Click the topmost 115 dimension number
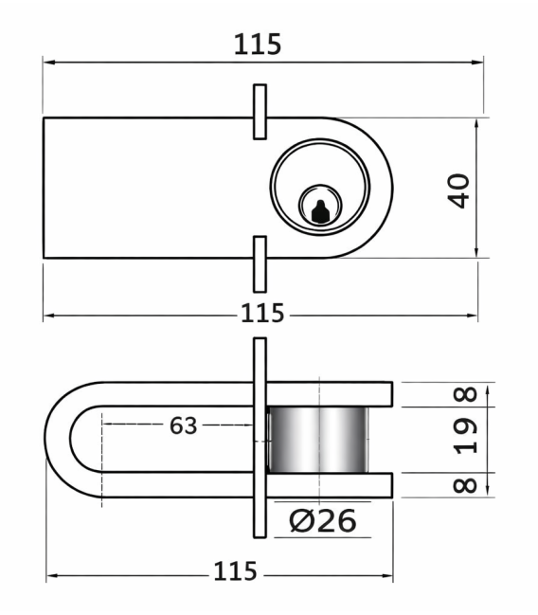click(x=258, y=44)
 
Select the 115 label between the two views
click(x=262, y=313)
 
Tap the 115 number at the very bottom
click(x=235, y=571)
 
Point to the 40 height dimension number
click(x=458, y=191)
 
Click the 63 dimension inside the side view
click(x=183, y=425)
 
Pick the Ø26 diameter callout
click(x=323, y=520)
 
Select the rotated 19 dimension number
click(x=465, y=436)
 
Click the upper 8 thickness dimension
click(x=465, y=394)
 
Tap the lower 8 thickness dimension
click(x=465, y=485)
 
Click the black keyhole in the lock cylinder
click(x=320, y=212)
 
